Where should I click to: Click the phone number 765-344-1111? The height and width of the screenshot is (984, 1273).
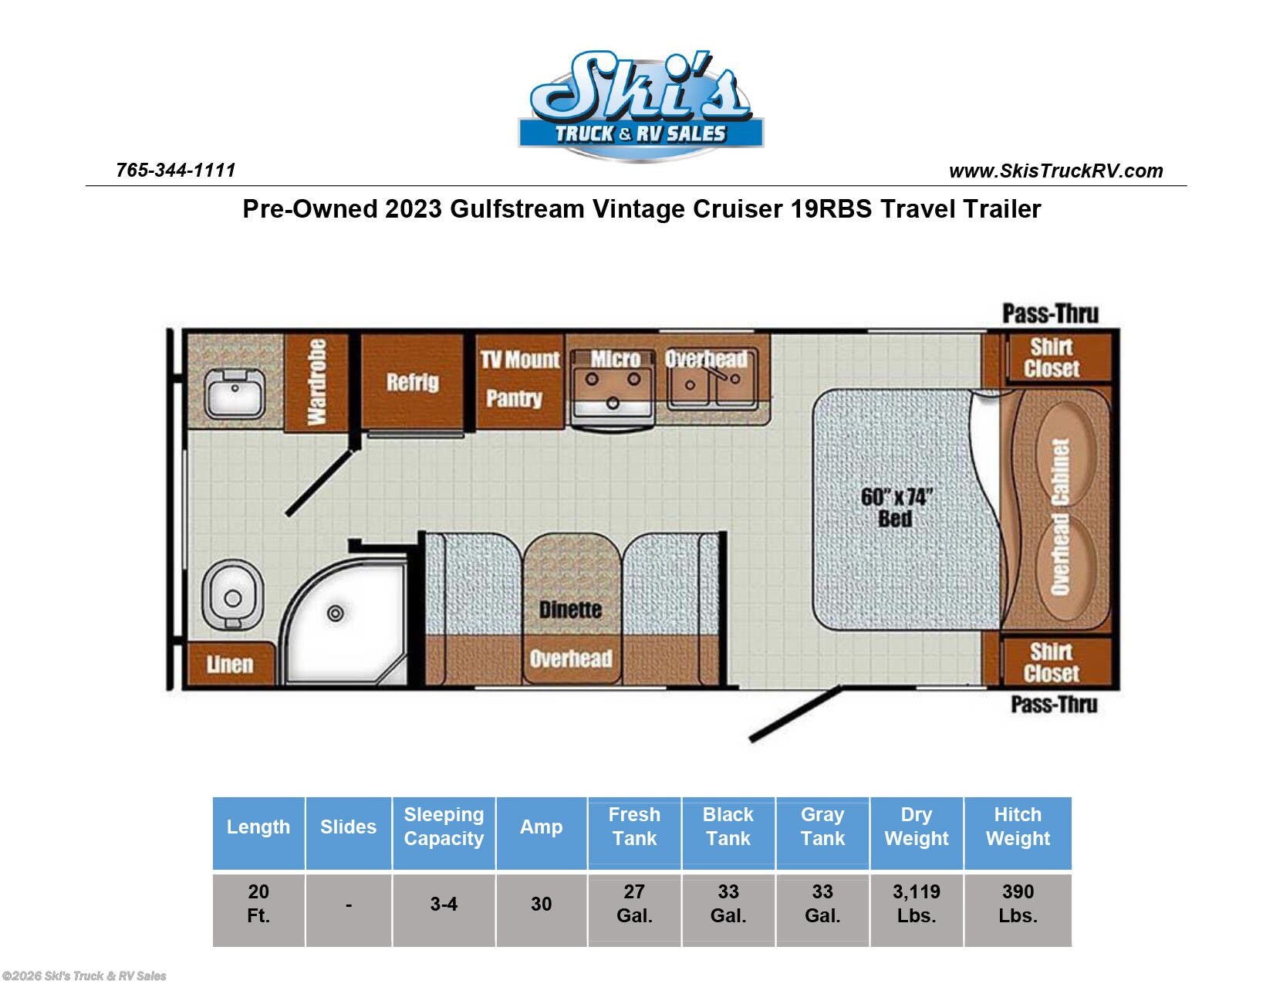(x=175, y=170)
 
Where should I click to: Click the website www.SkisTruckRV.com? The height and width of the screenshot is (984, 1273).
(x=1055, y=171)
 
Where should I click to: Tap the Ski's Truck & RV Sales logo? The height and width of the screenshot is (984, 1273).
(x=640, y=106)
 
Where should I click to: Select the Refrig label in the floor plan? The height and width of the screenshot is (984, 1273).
(x=412, y=382)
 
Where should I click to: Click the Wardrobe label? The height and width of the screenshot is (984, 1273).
(x=316, y=382)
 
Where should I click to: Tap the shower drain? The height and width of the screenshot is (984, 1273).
(x=336, y=614)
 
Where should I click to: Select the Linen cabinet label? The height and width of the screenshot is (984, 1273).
(x=230, y=664)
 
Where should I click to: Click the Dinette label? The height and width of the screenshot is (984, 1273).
(x=570, y=610)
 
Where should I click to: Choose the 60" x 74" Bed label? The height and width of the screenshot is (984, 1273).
(x=896, y=507)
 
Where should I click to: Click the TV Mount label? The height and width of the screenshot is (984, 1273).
(x=520, y=360)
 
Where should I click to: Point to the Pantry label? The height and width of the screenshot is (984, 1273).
(x=514, y=398)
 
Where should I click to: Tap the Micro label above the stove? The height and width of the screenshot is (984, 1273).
(x=615, y=359)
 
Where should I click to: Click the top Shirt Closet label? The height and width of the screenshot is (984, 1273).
(x=1051, y=357)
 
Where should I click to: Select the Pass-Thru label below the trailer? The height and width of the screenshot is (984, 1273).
(x=1054, y=705)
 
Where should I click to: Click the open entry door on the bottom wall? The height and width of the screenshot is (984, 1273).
(x=795, y=715)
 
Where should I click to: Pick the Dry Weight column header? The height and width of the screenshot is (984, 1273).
(x=916, y=827)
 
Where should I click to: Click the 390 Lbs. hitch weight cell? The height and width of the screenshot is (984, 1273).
(x=1018, y=904)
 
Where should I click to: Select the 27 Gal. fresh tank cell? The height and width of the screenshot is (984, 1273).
(x=634, y=904)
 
